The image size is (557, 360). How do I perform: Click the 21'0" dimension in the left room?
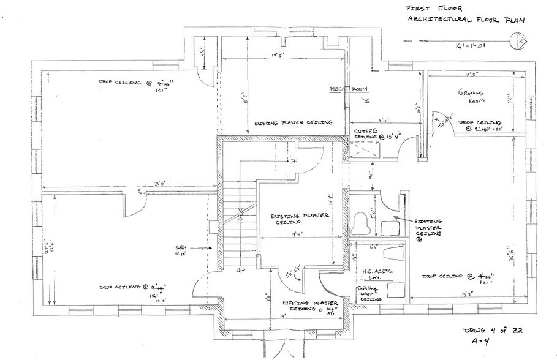145,184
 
